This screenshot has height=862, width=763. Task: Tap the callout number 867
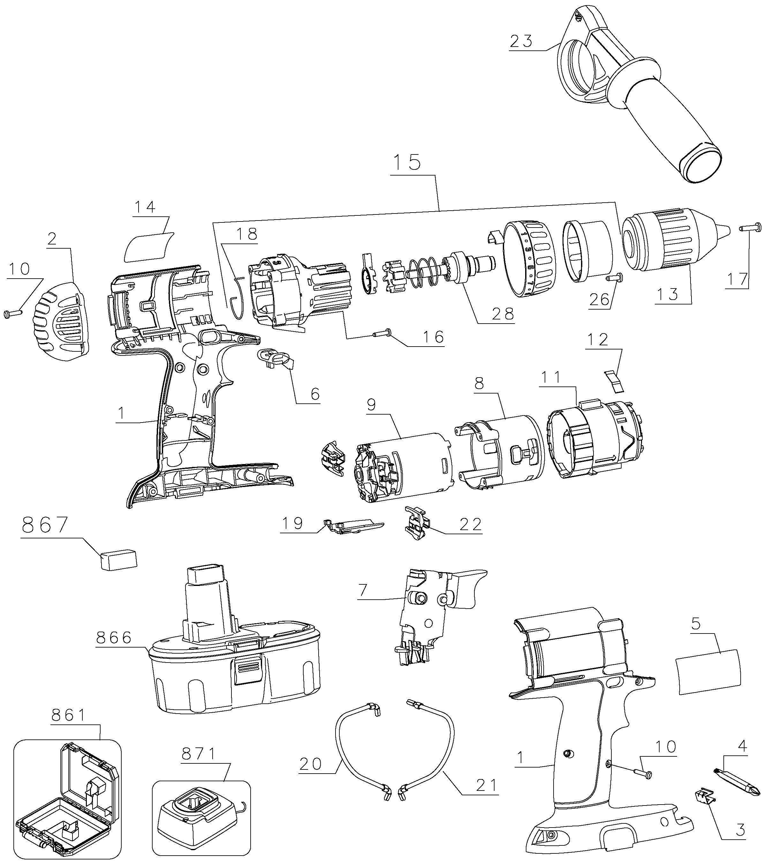coord(45,525)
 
